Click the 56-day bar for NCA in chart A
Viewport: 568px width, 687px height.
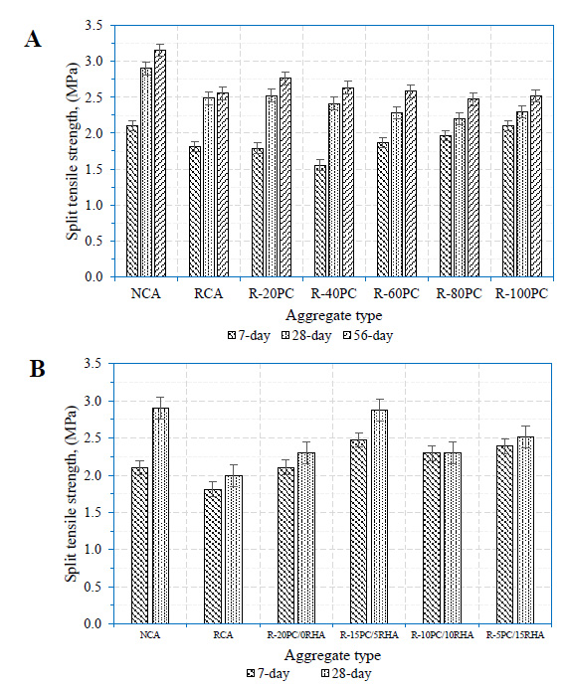(x=160, y=163)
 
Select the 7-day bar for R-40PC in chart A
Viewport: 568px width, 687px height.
(x=320, y=222)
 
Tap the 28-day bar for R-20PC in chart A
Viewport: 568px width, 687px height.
(x=272, y=186)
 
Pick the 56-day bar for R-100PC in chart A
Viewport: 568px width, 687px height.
(x=536, y=186)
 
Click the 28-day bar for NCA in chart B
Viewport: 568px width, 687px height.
(x=161, y=516)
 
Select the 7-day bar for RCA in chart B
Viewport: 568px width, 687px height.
(x=213, y=557)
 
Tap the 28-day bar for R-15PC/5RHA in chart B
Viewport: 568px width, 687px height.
(x=379, y=517)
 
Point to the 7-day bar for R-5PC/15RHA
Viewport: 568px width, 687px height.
(x=504, y=535)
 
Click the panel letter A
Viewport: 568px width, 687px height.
(x=33, y=39)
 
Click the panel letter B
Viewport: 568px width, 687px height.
(x=37, y=369)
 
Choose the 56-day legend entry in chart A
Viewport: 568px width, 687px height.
(x=367, y=336)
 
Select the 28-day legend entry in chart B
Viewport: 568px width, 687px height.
(x=346, y=673)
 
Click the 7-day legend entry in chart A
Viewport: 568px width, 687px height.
(x=249, y=336)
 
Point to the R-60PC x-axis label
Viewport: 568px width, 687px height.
(x=396, y=293)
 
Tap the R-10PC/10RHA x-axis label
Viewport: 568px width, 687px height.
(x=443, y=635)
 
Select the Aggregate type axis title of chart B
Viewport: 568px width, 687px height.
(x=332, y=656)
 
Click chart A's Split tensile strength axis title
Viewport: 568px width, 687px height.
(x=73, y=151)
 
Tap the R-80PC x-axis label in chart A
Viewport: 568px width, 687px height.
(x=459, y=293)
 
